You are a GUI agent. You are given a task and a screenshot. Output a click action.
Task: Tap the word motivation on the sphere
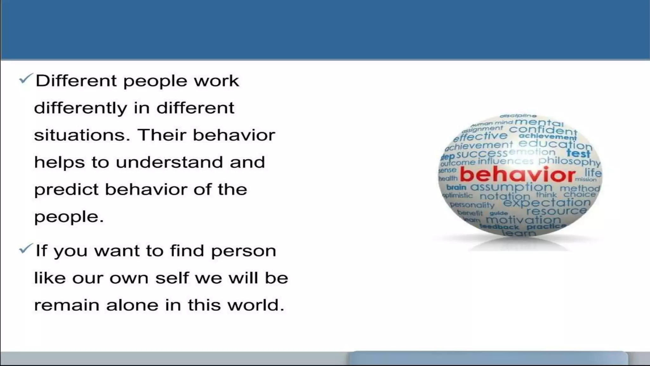(523, 220)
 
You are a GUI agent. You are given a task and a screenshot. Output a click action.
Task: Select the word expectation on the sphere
(547, 202)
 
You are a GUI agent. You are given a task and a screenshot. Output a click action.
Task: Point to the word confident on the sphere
(543, 130)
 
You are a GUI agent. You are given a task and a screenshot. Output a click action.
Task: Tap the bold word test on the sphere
(578, 153)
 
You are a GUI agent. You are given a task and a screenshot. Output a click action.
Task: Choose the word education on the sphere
(555, 144)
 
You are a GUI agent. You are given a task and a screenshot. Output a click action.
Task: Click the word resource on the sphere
(556, 211)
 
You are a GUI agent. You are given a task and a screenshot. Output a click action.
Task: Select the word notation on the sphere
(505, 196)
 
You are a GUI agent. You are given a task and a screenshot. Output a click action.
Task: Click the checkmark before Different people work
(25, 78)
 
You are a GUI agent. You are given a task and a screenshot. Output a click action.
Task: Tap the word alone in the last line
(132, 305)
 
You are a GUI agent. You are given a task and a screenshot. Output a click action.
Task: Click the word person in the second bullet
(243, 251)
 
